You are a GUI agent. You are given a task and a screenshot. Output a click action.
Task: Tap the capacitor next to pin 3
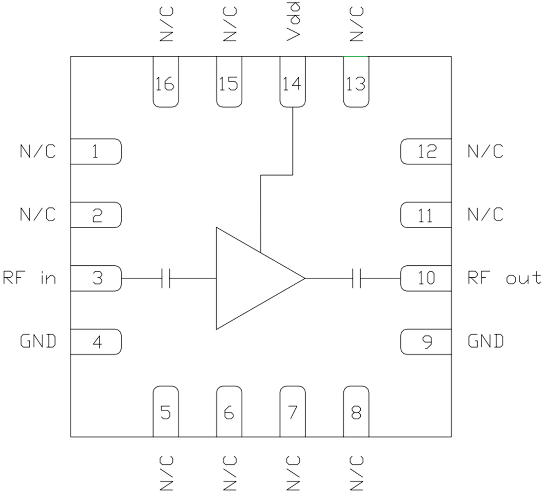(166, 278)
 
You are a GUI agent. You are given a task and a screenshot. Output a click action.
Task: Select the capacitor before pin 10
(357, 278)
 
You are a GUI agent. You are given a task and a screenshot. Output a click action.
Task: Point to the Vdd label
(292, 22)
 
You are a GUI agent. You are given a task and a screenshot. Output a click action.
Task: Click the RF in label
(30, 278)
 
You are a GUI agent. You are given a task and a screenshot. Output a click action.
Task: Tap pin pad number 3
(96, 278)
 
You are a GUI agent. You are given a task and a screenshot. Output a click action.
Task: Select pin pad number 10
(426, 278)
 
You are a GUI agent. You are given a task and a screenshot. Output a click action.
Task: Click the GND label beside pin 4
(38, 341)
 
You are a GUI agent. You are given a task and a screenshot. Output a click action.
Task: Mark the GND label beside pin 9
(486, 341)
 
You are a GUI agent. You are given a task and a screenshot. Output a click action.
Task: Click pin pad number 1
(96, 151)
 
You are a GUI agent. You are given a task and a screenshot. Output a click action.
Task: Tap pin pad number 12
(426, 151)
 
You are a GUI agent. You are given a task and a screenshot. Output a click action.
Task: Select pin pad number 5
(165, 412)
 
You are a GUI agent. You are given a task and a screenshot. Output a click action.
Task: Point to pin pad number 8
(356, 412)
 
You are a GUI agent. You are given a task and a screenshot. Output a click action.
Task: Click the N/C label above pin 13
(356, 24)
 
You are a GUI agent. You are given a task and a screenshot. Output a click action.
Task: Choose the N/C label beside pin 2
(38, 215)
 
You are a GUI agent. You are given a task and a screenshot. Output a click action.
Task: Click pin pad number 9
(426, 342)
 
